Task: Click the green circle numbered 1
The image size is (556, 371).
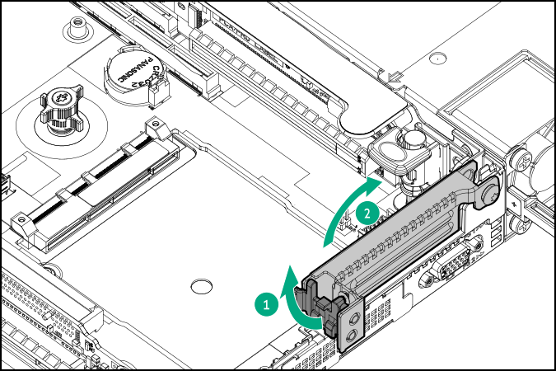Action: [x=265, y=303]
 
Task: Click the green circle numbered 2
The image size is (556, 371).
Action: [x=368, y=212]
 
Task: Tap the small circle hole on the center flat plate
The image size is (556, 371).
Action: [x=199, y=287]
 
